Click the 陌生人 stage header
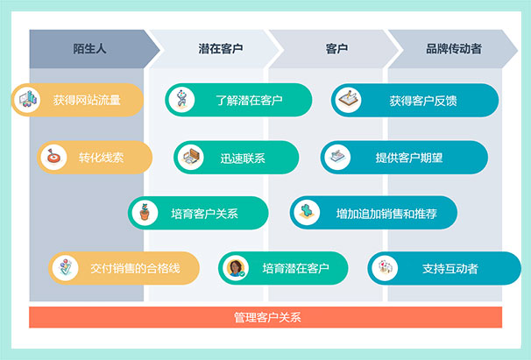point(89,49)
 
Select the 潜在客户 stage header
point(221,49)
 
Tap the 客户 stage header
point(336,49)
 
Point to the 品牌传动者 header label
point(454,49)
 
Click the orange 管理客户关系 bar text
point(267,317)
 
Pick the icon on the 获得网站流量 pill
point(28,100)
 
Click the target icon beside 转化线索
point(53,157)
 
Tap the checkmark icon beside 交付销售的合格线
point(66,268)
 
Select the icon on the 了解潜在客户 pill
point(182,100)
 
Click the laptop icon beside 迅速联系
point(191,157)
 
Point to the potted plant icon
point(145,213)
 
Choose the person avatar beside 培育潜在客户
point(236,268)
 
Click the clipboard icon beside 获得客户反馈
point(348,100)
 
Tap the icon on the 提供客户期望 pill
point(337,157)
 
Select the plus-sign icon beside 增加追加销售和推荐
point(307,213)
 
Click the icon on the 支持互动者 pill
point(385,268)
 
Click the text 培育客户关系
point(204,214)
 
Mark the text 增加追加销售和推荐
point(386,214)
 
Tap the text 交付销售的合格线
point(135,269)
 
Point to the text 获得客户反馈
point(423,101)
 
